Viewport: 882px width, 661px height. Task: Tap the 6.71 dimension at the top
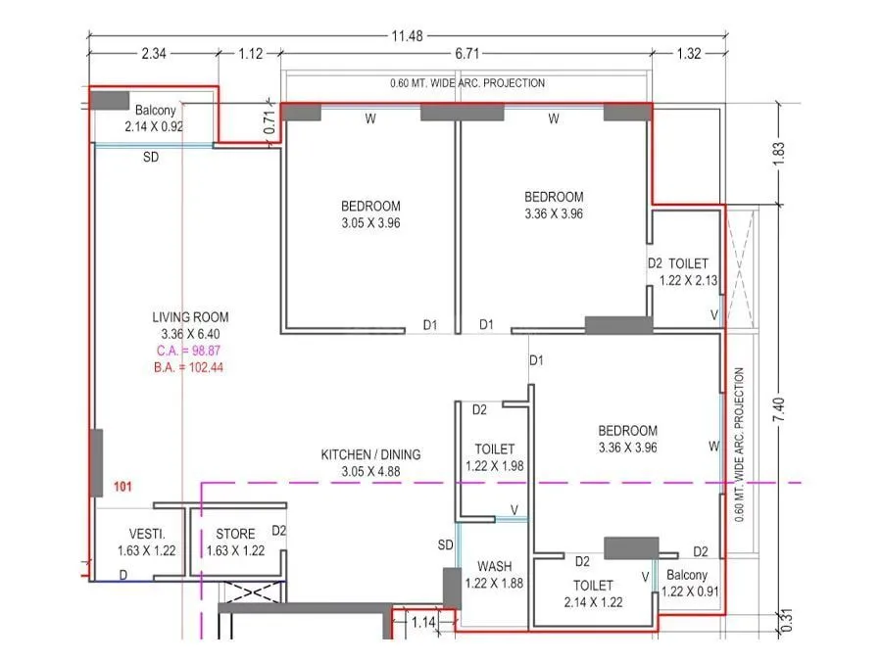pyautogui.click(x=465, y=54)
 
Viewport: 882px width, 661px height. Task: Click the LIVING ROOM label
pyautogui.click(x=190, y=316)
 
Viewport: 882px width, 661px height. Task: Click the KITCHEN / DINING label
pyautogui.click(x=370, y=454)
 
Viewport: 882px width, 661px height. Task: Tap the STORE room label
pyautogui.click(x=235, y=534)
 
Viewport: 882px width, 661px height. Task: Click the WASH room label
pyautogui.click(x=495, y=567)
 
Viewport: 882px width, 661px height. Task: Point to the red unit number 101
pyautogui.click(x=123, y=486)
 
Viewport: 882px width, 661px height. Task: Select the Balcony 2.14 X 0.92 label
pyautogui.click(x=155, y=118)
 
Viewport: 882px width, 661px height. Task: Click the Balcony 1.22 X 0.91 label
pyautogui.click(x=688, y=584)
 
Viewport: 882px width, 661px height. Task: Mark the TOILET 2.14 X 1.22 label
pyautogui.click(x=594, y=593)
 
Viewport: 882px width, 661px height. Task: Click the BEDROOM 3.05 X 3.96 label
pyautogui.click(x=370, y=214)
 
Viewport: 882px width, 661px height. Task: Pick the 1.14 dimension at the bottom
pyautogui.click(x=423, y=621)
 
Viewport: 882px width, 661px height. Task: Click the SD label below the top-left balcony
pyautogui.click(x=151, y=157)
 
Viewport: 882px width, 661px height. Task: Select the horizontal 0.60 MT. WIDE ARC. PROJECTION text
pyautogui.click(x=467, y=83)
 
